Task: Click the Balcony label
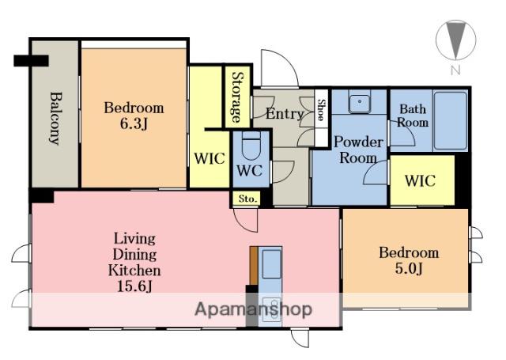pyautogui.click(x=55, y=118)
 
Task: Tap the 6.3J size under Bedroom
pyautogui.click(x=134, y=123)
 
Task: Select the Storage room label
pyautogui.click(x=238, y=97)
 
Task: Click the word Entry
pyautogui.click(x=285, y=114)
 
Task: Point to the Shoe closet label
pyautogui.click(x=321, y=110)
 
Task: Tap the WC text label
pyautogui.click(x=250, y=170)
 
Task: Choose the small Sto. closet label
pyautogui.click(x=247, y=199)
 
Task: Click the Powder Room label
pyautogui.click(x=358, y=150)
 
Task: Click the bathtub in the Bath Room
pyautogui.click(x=450, y=120)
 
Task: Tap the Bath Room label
pyautogui.click(x=413, y=116)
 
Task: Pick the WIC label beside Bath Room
pyautogui.click(x=420, y=181)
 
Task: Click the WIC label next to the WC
pyautogui.click(x=210, y=158)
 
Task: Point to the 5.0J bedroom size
pyautogui.click(x=409, y=269)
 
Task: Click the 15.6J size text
pyautogui.click(x=134, y=286)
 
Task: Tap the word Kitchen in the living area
pyautogui.click(x=134, y=271)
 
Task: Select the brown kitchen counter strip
pyautogui.click(x=254, y=266)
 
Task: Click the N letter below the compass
pyautogui.click(x=455, y=70)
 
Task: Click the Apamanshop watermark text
pyautogui.click(x=253, y=309)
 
